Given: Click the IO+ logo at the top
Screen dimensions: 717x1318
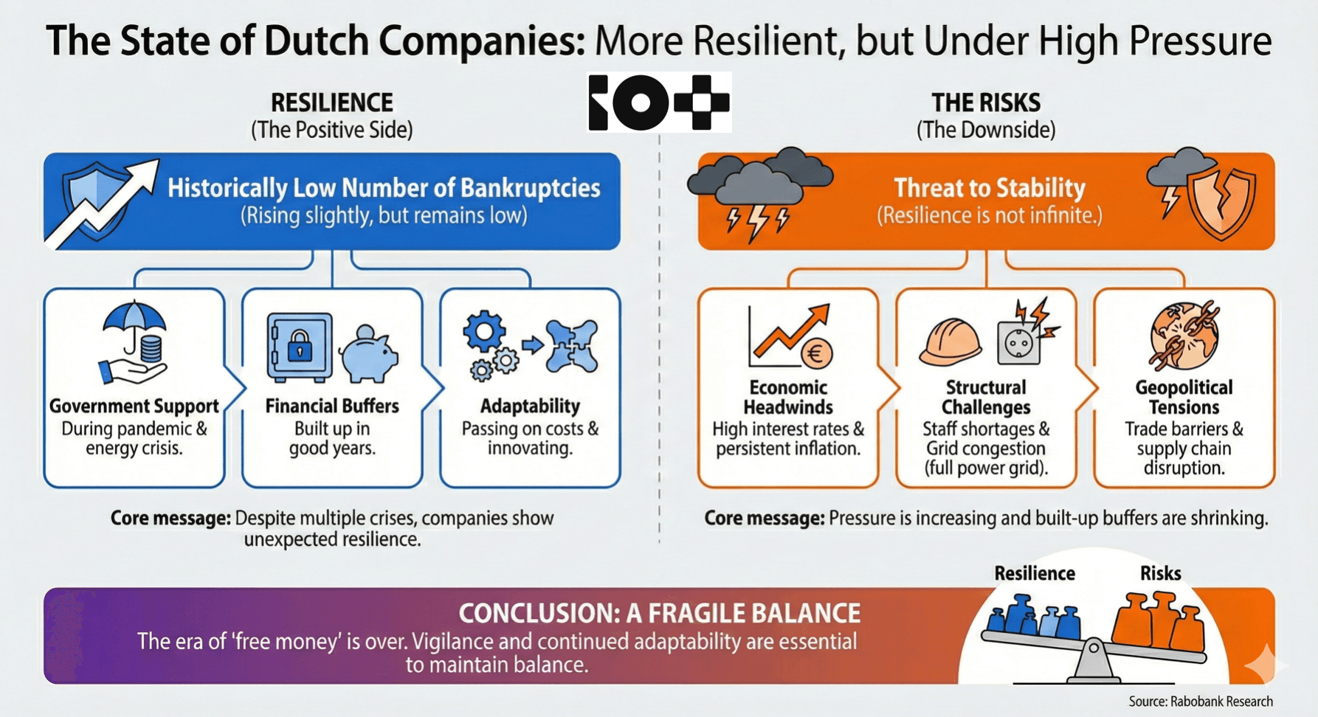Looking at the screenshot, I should click(x=659, y=103).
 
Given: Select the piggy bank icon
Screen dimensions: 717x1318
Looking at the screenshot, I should click(x=370, y=353).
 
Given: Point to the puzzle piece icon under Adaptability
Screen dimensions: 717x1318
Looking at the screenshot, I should click(x=573, y=345).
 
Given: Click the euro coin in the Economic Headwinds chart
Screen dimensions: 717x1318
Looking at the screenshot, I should click(x=816, y=354).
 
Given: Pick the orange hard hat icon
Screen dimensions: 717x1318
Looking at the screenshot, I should click(x=950, y=342).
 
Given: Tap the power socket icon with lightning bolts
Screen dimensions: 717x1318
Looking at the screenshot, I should click(x=1022, y=338).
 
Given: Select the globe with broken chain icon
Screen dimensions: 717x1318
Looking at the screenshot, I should click(x=1184, y=335).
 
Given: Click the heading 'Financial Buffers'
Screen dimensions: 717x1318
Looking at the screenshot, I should click(x=332, y=406).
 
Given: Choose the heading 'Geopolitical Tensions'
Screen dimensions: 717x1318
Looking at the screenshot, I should click(x=1184, y=398).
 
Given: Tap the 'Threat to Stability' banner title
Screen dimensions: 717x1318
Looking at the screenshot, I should click(x=989, y=188).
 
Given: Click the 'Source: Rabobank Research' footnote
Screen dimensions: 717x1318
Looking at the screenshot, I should click(x=1201, y=702).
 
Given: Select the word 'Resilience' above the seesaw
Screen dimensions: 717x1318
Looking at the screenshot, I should click(x=1034, y=573).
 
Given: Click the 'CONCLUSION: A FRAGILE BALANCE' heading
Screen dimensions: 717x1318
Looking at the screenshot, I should click(x=659, y=613).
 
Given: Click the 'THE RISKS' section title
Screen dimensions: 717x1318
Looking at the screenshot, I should click(x=985, y=103).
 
